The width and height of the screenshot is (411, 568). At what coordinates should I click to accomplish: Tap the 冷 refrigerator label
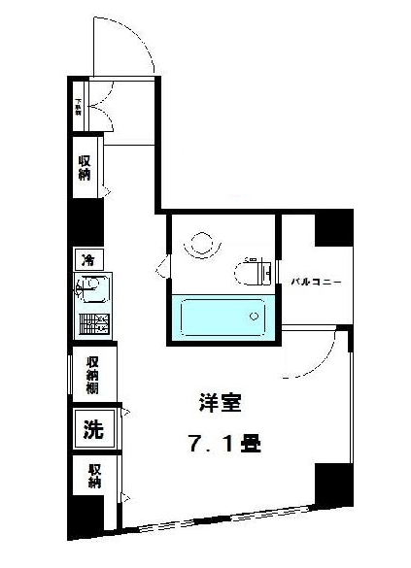[86, 260]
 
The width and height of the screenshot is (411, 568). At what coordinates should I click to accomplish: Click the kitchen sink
[94, 289]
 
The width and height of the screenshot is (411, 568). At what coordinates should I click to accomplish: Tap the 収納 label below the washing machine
[95, 476]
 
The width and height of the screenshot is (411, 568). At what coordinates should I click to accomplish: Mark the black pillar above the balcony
[332, 229]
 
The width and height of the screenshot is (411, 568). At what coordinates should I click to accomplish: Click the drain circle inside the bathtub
[255, 315]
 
